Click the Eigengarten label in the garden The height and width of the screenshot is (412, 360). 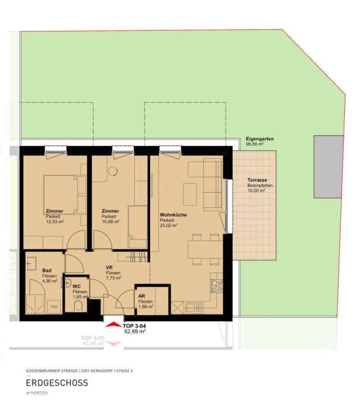[260, 139]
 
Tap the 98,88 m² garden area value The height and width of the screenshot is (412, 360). [255, 144]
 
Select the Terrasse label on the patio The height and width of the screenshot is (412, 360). [257, 180]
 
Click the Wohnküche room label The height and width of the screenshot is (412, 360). [173, 214]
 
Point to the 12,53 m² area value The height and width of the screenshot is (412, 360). [55, 222]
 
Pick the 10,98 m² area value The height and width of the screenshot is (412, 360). [111, 222]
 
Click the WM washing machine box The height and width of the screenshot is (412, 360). [54, 306]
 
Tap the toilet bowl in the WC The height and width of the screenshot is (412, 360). [78, 306]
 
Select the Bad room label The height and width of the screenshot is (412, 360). [47, 270]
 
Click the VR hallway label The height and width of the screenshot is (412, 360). [109, 267]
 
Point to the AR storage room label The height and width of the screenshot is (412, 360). [141, 296]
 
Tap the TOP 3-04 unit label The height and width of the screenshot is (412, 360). [134, 326]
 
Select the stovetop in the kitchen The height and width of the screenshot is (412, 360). [216, 286]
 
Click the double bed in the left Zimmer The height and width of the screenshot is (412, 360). [65, 194]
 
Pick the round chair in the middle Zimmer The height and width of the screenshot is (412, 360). [113, 171]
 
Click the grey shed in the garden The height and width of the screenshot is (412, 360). [328, 167]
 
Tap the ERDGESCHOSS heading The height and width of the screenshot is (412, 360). [57, 383]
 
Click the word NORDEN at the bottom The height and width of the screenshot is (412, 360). [39, 393]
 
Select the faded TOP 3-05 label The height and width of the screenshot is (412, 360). [92, 338]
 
